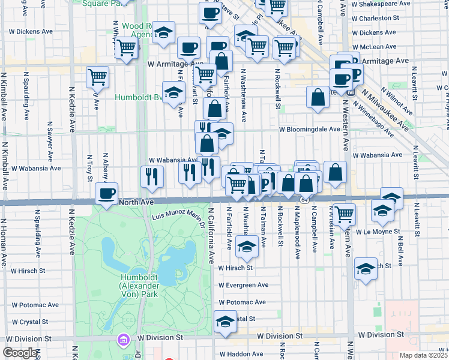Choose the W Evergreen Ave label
(x=243, y=285)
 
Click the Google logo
(x=19, y=353)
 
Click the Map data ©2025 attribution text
(x=424, y=355)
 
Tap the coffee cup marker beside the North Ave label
(x=107, y=194)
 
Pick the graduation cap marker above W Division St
(x=225, y=322)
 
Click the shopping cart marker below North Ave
(x=344, y=214)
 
